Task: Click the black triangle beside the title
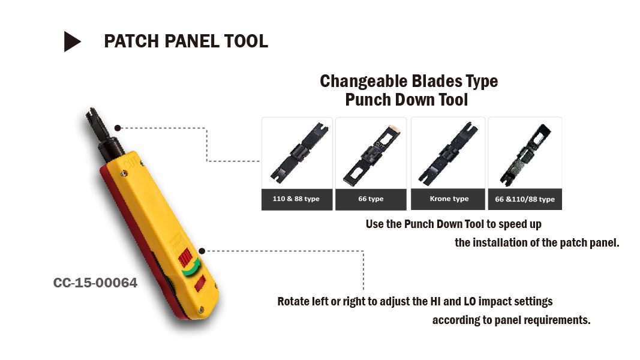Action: [x=71, y=41]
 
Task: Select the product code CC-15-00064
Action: [x=95, y=283]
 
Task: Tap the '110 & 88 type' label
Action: [x=296, y=199]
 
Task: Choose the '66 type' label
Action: [x=371, y=199]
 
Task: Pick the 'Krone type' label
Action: [x=449, y=199]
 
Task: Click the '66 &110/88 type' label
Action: [x=525, y=199]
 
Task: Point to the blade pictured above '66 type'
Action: [x=372, y=155]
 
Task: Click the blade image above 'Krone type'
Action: [x=447, y=153]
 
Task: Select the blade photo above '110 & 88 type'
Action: [x=299, y=153]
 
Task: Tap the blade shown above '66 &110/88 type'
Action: [x=525, y=155]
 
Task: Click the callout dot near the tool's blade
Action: [x=118, y=128]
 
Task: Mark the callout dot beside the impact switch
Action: [x=202, y=251]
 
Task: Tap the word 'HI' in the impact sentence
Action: [x=435, y=301]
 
